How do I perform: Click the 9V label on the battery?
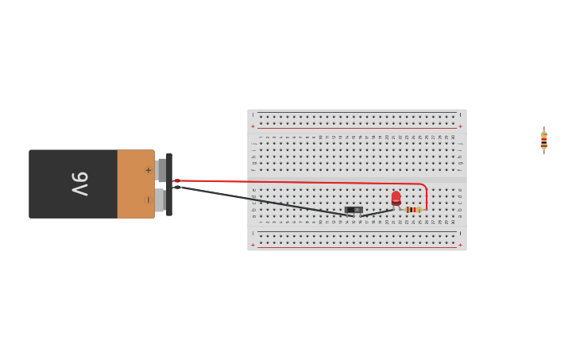[x=80, y=184]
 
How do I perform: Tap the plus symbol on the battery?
[x=148, y=170]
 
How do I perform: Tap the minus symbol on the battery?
[x=148, y=199]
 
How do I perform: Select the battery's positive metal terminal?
[x=160, y=170]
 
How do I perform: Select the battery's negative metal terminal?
[x=160, y=199]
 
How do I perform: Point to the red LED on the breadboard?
[x=396, y=198]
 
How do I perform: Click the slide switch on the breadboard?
[x=354, y=211]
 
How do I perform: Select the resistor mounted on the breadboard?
[x=412, y=210]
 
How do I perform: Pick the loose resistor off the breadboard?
[x=543, y=141]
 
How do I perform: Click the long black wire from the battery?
[x=262, y=199]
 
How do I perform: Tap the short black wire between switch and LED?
[x=378, y=212]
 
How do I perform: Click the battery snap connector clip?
[x=168, y=184]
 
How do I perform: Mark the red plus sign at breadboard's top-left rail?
[x=253, y=126]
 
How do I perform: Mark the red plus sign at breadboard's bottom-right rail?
[x=460, y=246]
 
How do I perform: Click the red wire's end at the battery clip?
[x=178, y=180]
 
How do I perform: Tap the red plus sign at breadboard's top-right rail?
[x=460, y=126]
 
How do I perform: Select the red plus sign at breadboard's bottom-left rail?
[x=253, y=246]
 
